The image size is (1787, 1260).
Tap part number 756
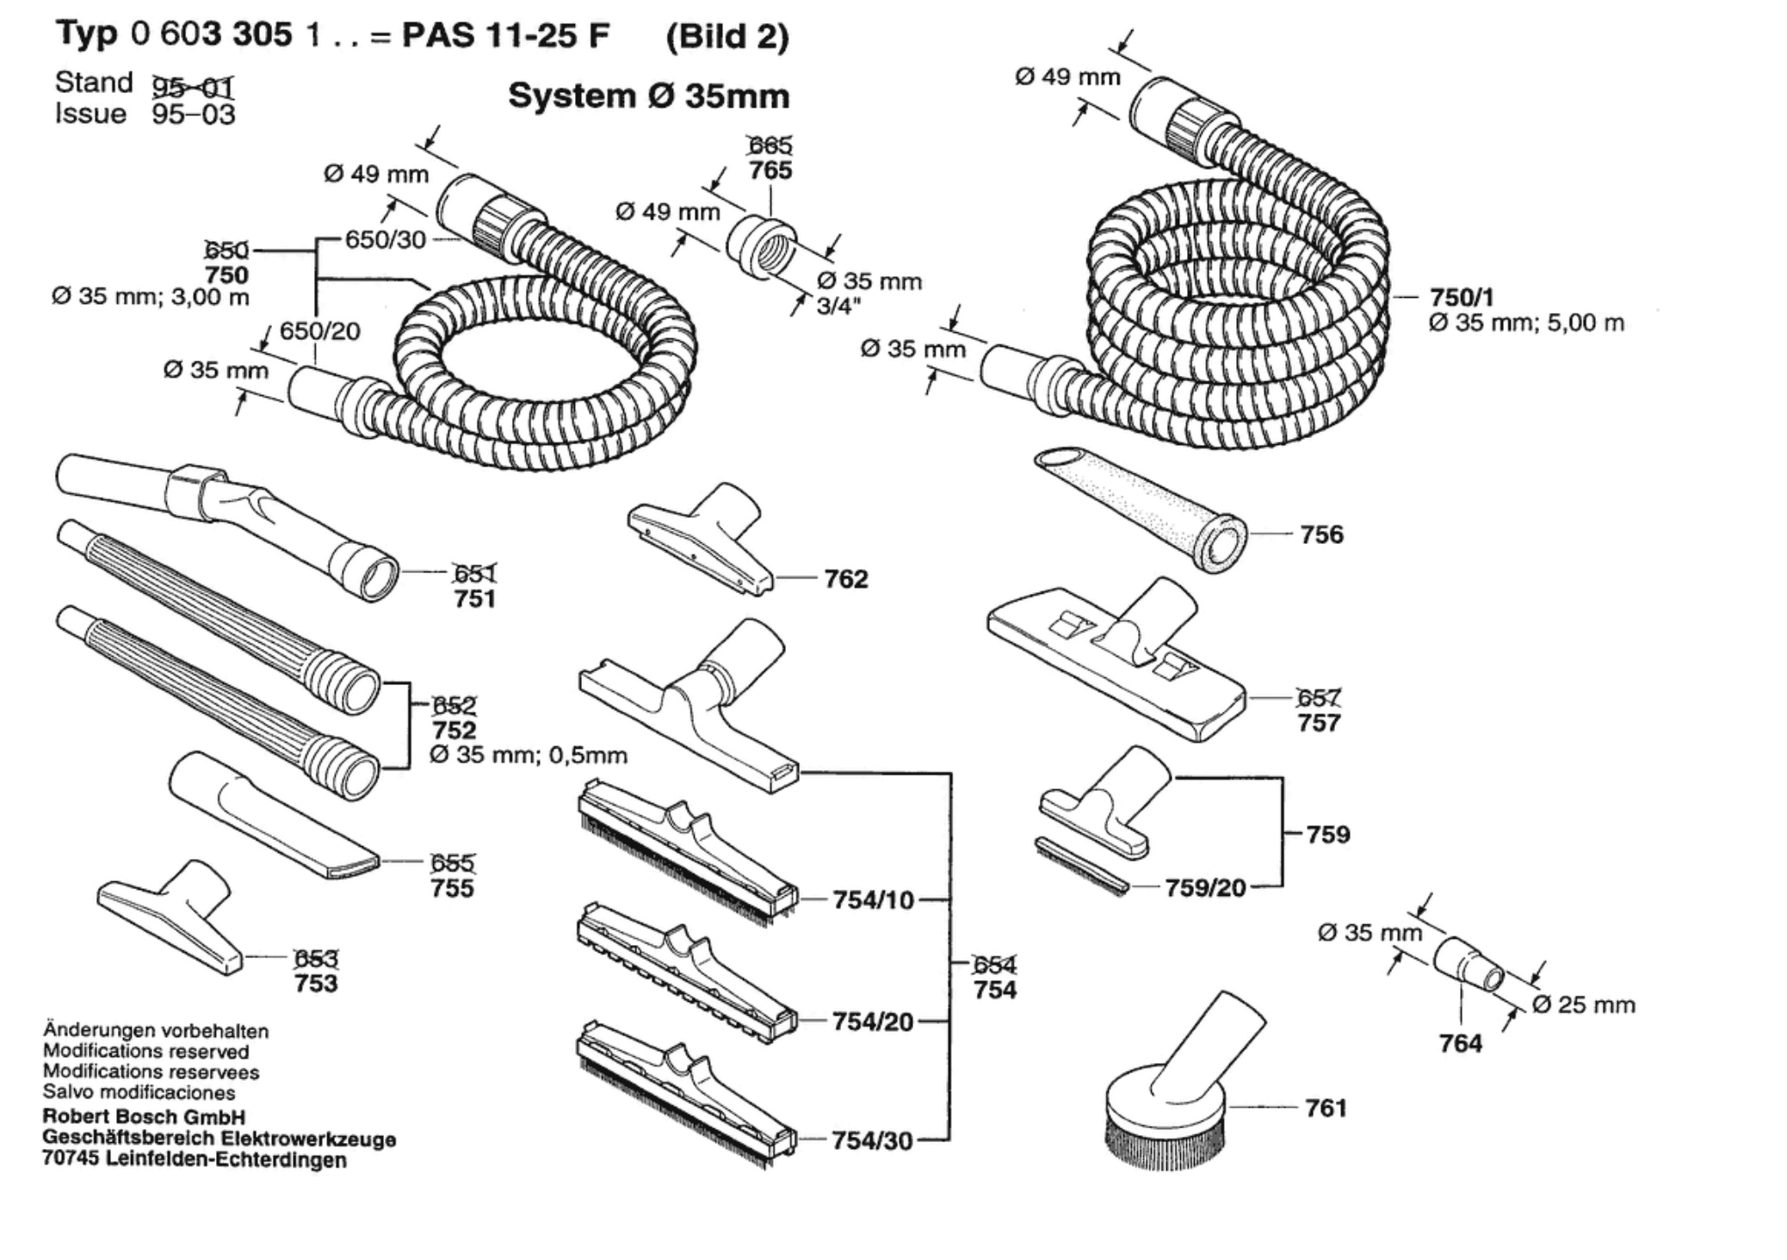pyautogui.click(x=1321, y=534)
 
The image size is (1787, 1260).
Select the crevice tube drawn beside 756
pyautogui.click(x=1141, y=510)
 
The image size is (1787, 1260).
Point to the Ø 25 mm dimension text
pyautogui.click(x=1584, y=1004)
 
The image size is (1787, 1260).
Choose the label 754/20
pyautogui.click(x=873, y=1022)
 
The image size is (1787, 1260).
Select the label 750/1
pyautogui.click(x=1462, y=297)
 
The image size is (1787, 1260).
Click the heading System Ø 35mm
pyautogui.click(x=649, y=96)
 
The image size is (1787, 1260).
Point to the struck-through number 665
pyautogui.click(x=770, y=145)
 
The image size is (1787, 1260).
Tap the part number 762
pyautogui.click(x=846, y=579)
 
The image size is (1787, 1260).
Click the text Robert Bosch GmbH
pyautogui.click(x=144, y=1117)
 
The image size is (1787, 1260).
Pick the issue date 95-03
pyautogui.click(x=193, y=114)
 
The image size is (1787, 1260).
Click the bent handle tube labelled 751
pyautogui.click(x=227, y=526)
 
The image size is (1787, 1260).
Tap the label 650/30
pyautogui.click(x=386, y=239)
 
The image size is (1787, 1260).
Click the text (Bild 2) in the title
pyautogui.click(x=727, y=36)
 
